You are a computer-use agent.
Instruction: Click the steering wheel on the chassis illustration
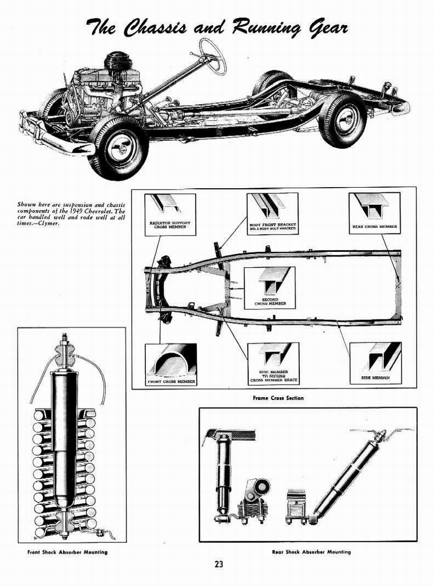coord(212,56)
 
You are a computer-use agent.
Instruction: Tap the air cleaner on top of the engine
coord(118,60)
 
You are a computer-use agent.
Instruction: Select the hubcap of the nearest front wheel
coord(121,149)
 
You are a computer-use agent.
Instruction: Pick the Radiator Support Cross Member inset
coord(169,215)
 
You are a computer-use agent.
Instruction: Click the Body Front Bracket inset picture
coord(272,214)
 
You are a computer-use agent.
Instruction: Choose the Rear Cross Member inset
coord(374,213)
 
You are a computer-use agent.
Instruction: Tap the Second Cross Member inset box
coord(270,288)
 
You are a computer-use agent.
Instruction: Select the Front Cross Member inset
coord(170,365)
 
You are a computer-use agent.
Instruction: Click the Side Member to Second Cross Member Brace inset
coord(273,364)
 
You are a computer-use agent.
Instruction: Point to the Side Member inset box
coord(375,363)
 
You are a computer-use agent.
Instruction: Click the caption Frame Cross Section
coord(278,398)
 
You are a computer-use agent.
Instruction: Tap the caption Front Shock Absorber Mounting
coord(67,552)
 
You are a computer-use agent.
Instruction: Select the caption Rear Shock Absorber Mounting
coord(311,552)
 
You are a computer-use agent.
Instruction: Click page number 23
coord(219,564)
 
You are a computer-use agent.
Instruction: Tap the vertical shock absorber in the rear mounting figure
coord(223,475)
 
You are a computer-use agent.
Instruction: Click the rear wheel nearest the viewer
coord(342,120)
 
